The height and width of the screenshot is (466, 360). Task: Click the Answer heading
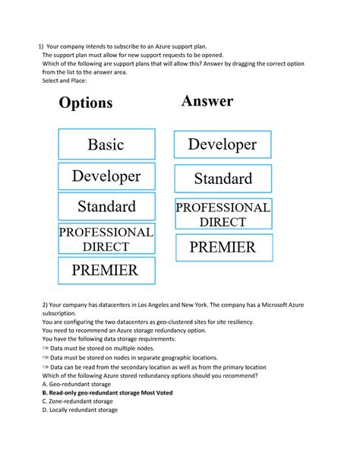(x=207, y=101)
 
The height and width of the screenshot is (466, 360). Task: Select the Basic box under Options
(x=106, y=144)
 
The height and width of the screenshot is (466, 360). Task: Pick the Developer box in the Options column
(x=106, y=176)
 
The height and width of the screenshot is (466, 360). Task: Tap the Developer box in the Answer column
(x=223, y=144)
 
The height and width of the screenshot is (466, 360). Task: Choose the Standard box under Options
(x=106, y=207)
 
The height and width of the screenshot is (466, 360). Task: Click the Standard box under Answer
(x=223, y=179)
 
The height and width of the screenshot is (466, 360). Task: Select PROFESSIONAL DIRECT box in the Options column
(x=106, y=239)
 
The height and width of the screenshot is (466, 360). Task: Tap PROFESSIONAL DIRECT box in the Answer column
(x=223, y=214)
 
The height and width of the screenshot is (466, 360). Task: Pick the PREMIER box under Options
(x=106, y=270)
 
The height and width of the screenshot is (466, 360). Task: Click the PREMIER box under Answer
(x=223, y=247)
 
